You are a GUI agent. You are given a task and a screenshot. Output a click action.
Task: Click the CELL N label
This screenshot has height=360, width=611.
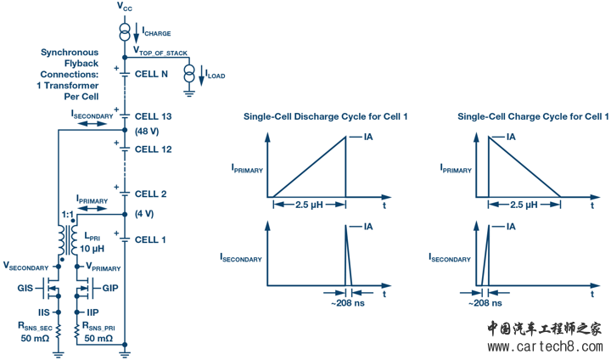(151, 73)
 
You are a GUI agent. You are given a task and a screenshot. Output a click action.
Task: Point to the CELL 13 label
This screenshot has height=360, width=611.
(154, 115)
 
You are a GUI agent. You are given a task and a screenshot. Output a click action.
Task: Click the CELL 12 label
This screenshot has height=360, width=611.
(154, 149)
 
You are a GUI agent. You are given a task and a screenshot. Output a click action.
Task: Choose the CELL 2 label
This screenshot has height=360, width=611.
(151, 194)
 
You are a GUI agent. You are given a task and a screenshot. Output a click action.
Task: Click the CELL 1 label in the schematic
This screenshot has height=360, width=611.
(151, 239)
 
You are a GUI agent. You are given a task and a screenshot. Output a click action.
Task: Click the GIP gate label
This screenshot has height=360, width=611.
(109, 289)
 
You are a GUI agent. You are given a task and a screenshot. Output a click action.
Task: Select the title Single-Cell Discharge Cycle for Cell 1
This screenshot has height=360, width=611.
(326, 116)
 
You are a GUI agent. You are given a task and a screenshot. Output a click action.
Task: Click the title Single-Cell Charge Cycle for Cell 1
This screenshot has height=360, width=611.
(532, 116)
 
